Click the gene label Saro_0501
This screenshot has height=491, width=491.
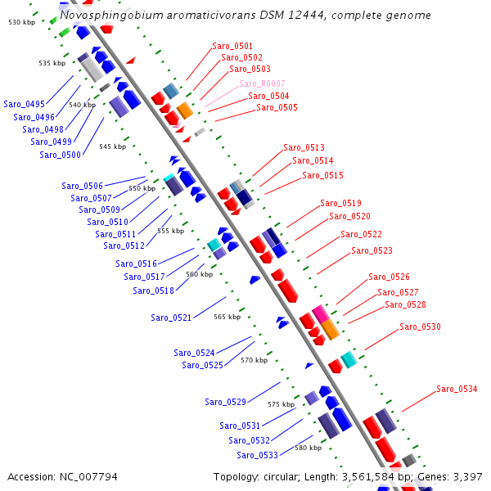[232, 47]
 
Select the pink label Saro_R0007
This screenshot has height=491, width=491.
[262, 84]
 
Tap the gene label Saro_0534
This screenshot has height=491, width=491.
[457, 389]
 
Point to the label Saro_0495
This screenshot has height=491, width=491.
[25, 105]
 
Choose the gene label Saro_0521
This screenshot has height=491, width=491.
[171, 318]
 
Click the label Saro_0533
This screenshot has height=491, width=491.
[258, 455]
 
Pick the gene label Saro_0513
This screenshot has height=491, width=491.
[304, 148]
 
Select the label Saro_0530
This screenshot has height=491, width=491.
[420, 327]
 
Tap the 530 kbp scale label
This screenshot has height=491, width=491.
[22, 22]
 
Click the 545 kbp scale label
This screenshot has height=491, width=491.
[112, 146]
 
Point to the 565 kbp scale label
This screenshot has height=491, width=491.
[227, 317]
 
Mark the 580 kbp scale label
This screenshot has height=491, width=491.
[308, 448]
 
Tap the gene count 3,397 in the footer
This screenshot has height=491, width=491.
[467, 476]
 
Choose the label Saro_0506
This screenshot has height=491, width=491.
[83, 187]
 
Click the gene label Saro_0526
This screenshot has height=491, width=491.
[389, 277]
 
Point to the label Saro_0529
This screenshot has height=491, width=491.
[225, 402]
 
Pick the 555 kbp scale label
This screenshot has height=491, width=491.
[171, 231]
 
